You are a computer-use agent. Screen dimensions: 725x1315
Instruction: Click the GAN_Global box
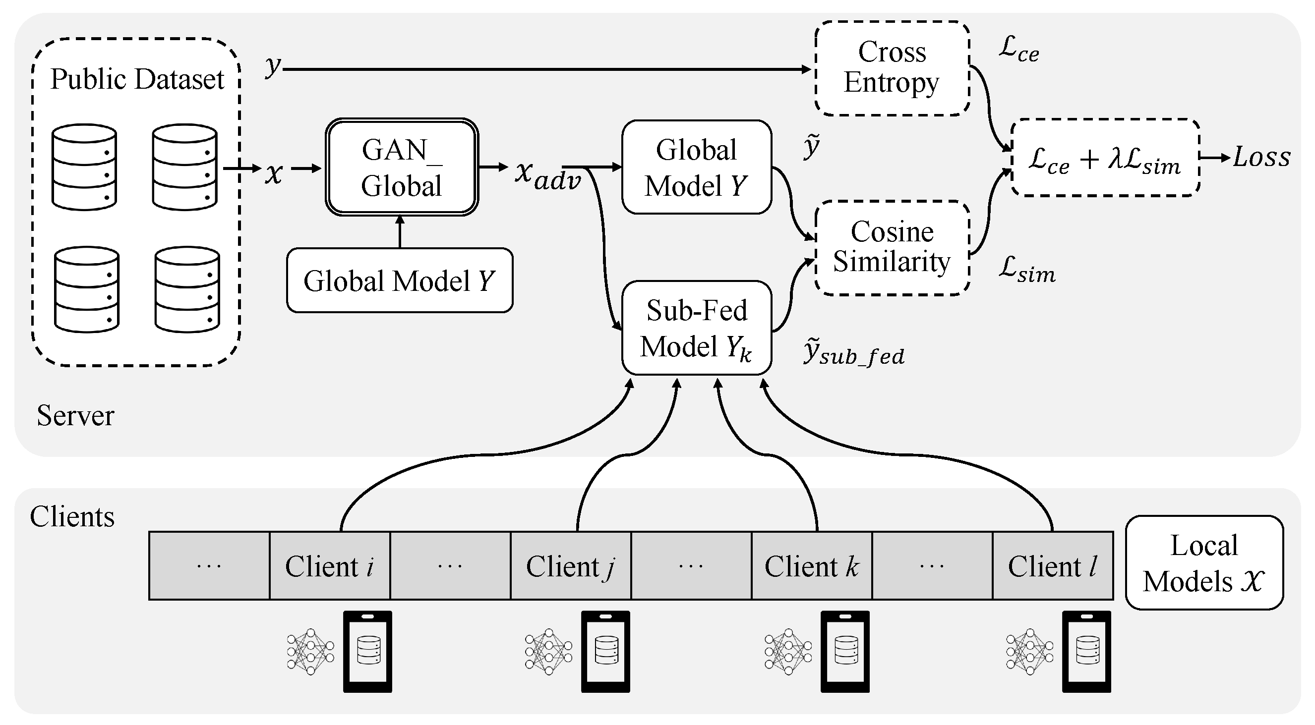click(402, 167)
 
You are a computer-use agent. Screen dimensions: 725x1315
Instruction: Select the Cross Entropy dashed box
click(892, 68)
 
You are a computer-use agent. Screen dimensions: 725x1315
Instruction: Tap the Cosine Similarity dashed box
click(892, 247)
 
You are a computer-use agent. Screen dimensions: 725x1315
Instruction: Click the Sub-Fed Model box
click(696, 328)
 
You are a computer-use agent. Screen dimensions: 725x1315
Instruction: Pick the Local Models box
click(1204, 563)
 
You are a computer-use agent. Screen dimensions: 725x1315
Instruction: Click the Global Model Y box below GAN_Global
click(400, 280)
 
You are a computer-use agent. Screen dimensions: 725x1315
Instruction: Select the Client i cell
click(330, 566)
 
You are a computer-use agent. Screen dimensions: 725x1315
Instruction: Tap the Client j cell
click(571, 566)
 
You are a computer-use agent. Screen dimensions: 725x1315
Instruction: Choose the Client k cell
click(812, 566)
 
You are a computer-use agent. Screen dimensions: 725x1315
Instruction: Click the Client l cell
click(1053, 566)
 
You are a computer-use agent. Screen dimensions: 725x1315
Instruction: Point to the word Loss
click(1261, 157)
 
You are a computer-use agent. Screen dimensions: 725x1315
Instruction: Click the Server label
click(75, 415)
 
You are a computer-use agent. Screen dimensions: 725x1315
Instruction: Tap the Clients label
click(72, 516)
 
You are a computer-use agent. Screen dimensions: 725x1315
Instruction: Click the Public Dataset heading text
click(137, 79)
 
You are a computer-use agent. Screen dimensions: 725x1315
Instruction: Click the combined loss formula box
click(1105, 158)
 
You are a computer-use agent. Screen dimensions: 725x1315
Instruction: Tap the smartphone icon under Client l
click(1086, 651)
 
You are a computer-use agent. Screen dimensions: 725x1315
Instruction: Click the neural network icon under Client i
click(310, 652)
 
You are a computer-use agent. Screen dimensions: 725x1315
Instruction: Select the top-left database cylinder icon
click(84, 167)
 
